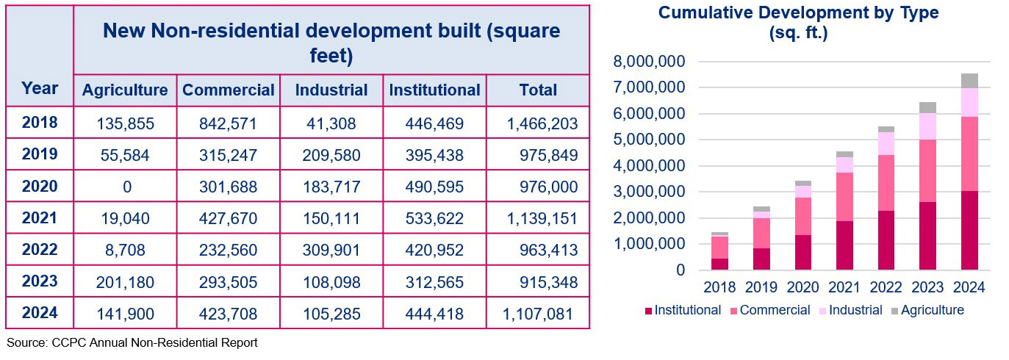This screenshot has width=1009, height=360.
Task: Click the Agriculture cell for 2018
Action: (125, 123)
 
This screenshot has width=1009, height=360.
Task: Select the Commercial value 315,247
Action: (228, 155)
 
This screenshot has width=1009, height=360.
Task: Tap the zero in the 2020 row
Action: (126, 187)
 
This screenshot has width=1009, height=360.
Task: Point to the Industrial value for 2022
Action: (331, 250)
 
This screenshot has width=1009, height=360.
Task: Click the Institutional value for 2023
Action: (434, 282)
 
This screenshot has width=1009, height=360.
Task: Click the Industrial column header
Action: (331, 90)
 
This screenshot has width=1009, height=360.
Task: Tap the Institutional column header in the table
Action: (434, 90)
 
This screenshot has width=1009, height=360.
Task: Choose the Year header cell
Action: (40, 89)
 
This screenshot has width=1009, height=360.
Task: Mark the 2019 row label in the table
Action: (40, 155)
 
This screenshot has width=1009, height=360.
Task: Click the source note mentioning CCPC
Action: (132, 342)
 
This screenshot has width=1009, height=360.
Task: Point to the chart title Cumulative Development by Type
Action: (798, 12)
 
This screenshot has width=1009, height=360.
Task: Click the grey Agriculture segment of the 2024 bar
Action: (969, 80)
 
